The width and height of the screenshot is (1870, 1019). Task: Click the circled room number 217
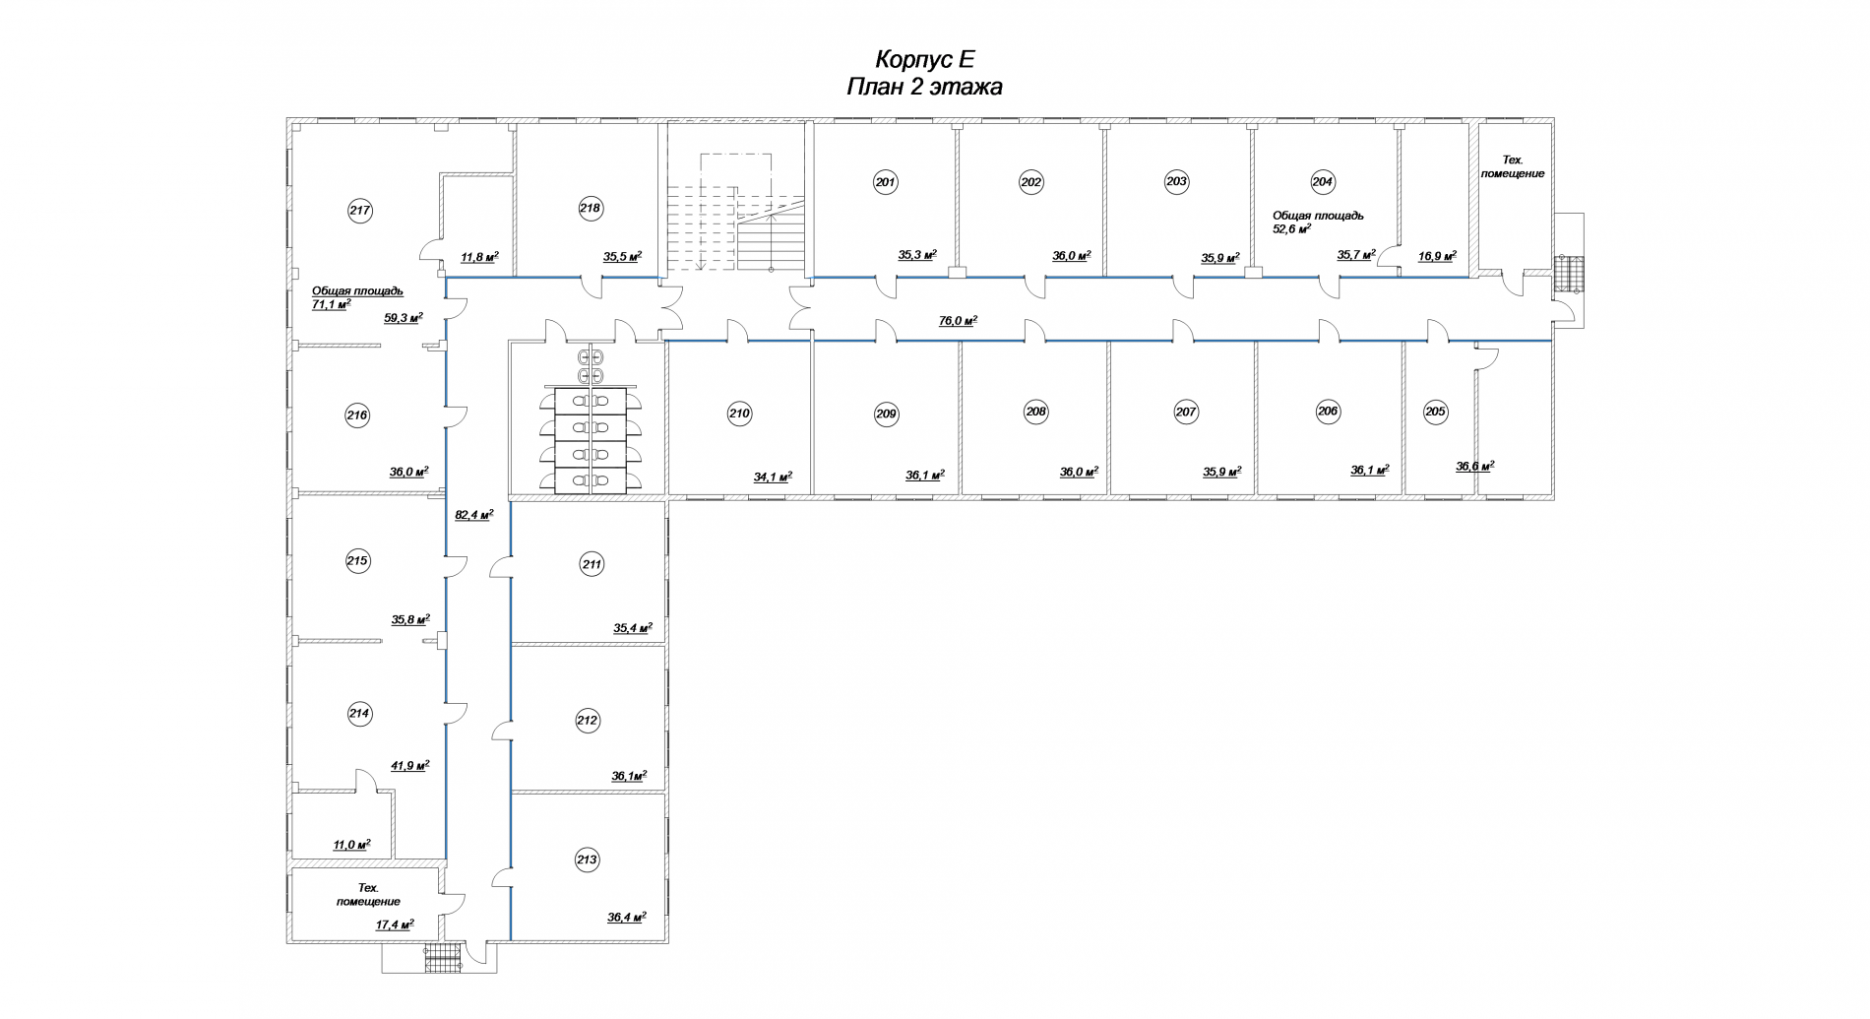[x=360, y=210]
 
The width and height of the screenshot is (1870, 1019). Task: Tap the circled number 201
[x=886, y=182]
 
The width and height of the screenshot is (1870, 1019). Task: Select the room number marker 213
[x=587, y=860]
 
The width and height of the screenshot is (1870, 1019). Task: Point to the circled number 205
[x=1436, y=412]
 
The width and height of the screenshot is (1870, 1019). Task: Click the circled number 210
[x=739, y=414]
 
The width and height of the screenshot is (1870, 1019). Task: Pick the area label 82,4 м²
[x=473, y=514]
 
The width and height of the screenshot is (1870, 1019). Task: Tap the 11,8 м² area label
[x=479, y=258]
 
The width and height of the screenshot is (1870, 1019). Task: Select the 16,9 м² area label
[x=1437, y=255]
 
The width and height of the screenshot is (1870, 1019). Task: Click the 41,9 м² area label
[x=410, y=765]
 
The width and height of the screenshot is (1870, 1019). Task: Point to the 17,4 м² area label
[x=395, y=924]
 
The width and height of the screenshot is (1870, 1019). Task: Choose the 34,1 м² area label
[x=773, y=478]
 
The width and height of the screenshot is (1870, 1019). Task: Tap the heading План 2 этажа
[x=924, y=87]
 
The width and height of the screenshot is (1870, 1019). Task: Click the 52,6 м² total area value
[x=1292, y=228]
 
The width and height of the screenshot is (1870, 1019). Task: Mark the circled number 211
[x=592, y=565]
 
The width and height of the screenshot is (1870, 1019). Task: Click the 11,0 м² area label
[x=351, y=845]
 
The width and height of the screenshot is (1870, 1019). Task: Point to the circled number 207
[x=1185, y=413]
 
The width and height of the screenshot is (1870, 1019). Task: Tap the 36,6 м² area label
[x=1475, y=467]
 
